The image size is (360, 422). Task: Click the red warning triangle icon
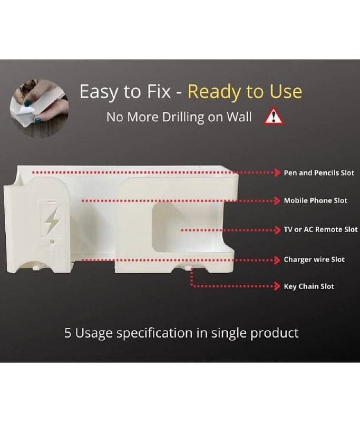[273, 116]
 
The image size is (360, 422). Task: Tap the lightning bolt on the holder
[52, 220]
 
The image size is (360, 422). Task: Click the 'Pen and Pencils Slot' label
[319, 173]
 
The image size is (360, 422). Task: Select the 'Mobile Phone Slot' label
[316, 200]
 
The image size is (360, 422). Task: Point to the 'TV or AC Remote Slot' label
[321, 229]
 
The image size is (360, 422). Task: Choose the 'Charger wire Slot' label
[314, 260]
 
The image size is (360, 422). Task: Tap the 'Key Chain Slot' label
[309, 286]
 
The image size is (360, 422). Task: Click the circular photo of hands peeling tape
[39, 109]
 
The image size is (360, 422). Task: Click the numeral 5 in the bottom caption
[68, 333]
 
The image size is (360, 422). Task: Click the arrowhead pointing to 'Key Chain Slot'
[277, 286]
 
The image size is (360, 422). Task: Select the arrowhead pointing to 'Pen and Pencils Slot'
[277, 172]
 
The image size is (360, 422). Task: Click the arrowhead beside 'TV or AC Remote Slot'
[277, 230]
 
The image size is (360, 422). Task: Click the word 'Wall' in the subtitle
[239, 117]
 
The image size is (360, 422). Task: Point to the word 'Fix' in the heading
[159, 91]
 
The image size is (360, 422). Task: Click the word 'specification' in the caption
[154, 333]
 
